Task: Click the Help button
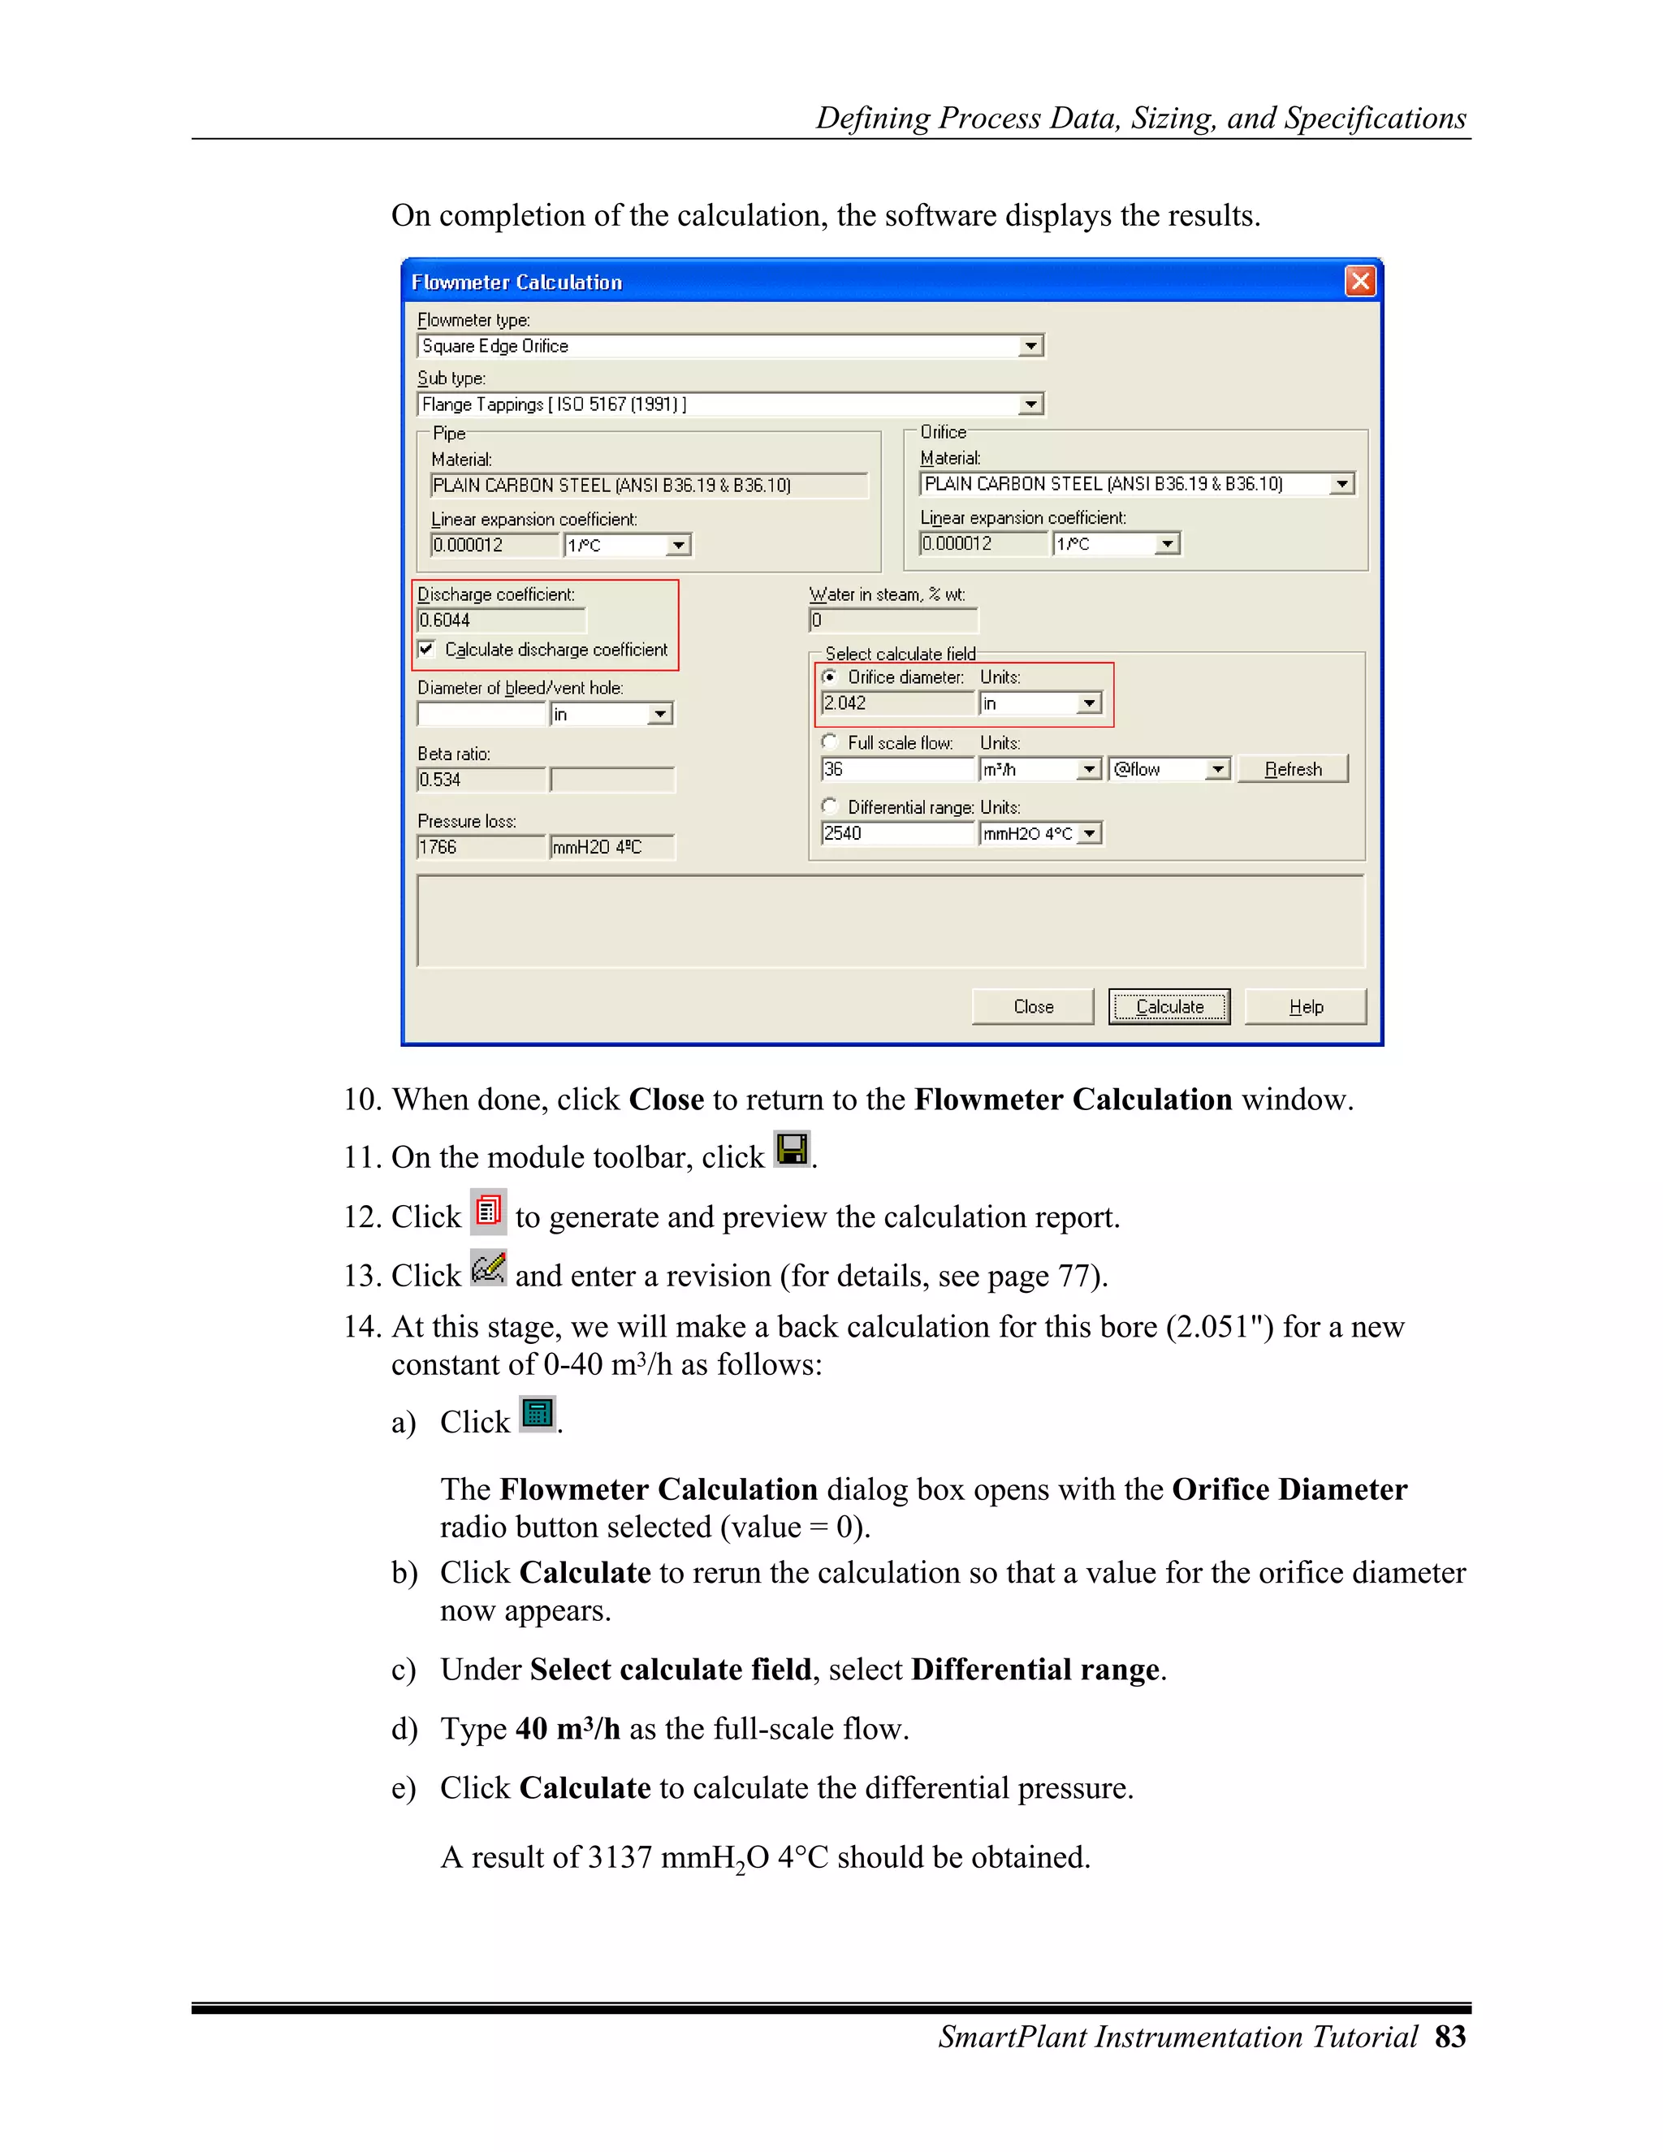(x=1306, y=1006)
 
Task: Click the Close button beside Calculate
(x=1033, y=1006)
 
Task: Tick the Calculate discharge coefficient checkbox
(x=426, y=650)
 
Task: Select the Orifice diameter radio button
(x=830, y=677)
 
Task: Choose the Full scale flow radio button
(x=830, y=742)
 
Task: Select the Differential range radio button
(x=830, y=806)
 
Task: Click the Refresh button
(x=1293, y=768)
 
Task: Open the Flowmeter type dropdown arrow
(x=1030, y=346)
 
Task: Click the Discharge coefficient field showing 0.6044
(x=499, y=620)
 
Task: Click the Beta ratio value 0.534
(x=480, y=780)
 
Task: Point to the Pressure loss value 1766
(x=480, y=846)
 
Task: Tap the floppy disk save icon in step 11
(x=791, y=1149)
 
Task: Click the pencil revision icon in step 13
(x=488, y=1268)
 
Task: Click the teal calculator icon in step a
(x=537, y=1414)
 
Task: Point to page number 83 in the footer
(x=1449, y=2037)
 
